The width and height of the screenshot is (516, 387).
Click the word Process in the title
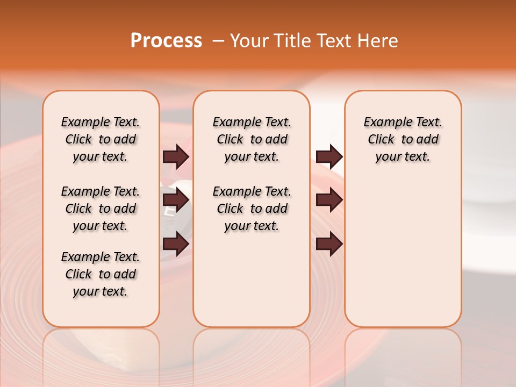point(166,41)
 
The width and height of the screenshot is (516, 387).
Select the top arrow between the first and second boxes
point(176,157)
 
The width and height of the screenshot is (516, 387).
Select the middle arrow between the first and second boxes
point(176,200)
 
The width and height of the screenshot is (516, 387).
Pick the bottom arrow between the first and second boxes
point(176,245)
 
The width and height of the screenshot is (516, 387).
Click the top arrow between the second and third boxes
point(329,157)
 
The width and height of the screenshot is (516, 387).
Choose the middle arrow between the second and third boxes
point(329,200)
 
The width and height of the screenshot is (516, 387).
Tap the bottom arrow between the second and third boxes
point(329,245)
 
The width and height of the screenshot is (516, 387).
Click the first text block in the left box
point(101,139)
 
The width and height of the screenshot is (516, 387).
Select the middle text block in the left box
point(101,209)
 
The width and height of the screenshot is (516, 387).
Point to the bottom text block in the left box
point(101,274)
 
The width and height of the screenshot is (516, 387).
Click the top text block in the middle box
point(252,139)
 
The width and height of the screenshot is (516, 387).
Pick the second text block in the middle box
point(252,209)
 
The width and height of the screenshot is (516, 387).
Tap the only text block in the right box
point(403,139)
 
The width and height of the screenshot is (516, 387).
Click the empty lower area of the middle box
point(252,279)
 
